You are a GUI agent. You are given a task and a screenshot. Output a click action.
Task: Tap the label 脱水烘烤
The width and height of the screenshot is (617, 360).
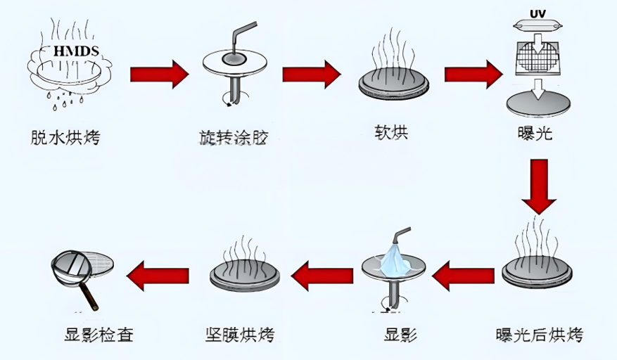(66, 137)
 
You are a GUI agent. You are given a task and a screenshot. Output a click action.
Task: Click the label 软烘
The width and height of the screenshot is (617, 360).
(392, 132)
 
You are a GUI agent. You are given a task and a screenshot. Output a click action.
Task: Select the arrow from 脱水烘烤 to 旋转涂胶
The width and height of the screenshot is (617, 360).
(159, 72)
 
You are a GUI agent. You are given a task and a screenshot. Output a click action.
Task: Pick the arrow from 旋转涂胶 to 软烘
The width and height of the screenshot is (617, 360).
(311, 73)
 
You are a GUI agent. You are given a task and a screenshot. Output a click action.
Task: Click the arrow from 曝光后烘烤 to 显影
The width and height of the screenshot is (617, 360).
(462, 274)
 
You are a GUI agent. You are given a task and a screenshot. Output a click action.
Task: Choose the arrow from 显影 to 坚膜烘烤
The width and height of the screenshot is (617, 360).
(322, 274)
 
